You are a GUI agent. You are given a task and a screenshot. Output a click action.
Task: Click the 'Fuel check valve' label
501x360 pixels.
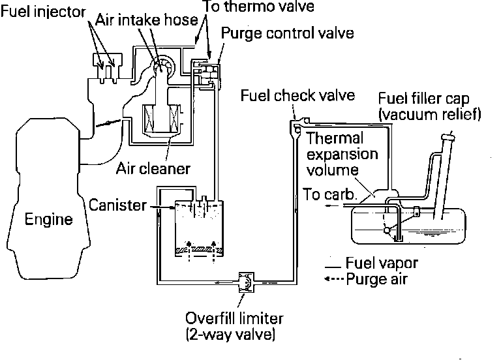click(297, 96)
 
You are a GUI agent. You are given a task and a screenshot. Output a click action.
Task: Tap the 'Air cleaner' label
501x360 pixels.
click(153, 168)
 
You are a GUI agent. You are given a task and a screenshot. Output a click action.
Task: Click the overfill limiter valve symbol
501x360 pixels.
click(247, 282)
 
